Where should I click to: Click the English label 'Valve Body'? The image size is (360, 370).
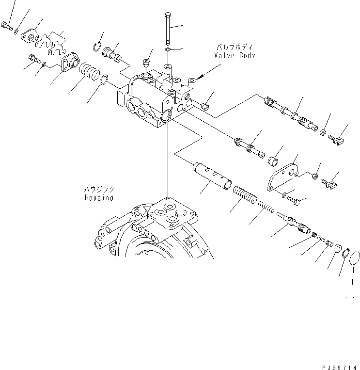click(235, 55)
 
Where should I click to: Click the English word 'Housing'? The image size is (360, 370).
click(98, 198)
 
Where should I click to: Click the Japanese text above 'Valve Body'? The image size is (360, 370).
click(235, 48)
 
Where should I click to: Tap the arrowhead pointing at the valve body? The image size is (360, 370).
click(198, 79)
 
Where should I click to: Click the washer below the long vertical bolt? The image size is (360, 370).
click(167, 50)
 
